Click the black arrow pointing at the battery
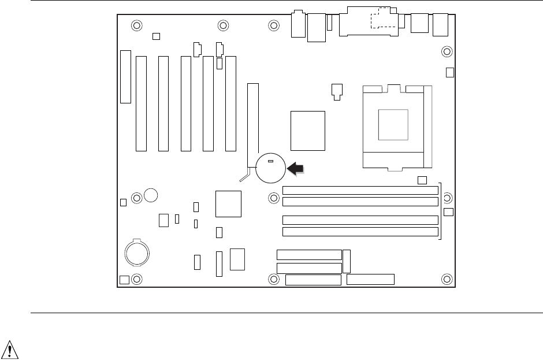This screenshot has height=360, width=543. [295, 168]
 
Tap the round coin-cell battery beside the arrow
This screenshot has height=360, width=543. [271, 168]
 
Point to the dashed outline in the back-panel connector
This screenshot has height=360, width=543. [381, 18]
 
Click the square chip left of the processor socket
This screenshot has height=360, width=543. [308, 130]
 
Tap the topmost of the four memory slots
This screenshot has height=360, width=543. [360, 190]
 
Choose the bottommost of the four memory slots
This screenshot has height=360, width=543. [360, 232]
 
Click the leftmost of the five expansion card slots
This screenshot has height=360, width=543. [141, 104]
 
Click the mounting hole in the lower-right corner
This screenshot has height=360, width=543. [446, 279]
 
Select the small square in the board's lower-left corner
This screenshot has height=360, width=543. [124, 280]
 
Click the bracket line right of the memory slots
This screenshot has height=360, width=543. [441, 211]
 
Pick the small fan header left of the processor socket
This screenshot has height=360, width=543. [337, 90]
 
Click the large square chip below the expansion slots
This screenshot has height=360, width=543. [228, 203]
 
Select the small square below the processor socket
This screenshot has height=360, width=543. [422, 180]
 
